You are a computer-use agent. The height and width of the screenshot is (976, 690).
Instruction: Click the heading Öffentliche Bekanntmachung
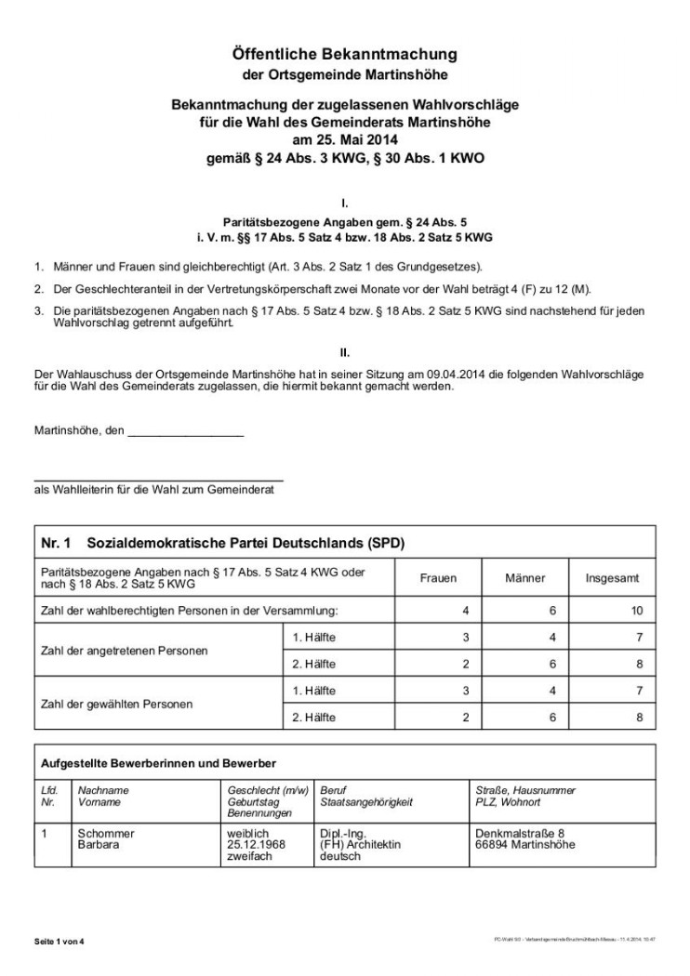[x=345, y=56]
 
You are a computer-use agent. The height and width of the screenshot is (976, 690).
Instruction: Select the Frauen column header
[x=439, y=578]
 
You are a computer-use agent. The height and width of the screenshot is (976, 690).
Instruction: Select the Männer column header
[x=524, y=578]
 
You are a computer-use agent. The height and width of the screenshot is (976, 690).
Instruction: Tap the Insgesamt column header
[x=612, y=578]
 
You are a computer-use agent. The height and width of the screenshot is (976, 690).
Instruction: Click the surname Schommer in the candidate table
[x=106, y=834]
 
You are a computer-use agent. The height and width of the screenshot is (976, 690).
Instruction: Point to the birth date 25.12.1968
[x=256, y=845]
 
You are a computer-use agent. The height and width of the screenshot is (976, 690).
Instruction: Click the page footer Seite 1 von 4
[x=60, y=941]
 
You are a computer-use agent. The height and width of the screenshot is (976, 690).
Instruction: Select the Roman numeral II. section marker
[x=345, y=351]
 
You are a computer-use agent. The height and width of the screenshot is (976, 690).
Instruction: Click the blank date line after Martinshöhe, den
[x=185, y=432]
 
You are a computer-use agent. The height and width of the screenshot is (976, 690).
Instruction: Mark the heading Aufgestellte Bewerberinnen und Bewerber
[x=158, y=763]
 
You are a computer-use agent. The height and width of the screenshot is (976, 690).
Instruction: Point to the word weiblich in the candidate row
[x=247, y=834]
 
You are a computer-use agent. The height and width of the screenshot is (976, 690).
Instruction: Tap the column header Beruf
[x=332, y=790]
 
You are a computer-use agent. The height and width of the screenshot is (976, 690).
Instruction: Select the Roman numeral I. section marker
[x=345, y=201]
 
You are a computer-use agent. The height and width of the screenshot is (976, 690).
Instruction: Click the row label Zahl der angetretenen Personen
[x=123, y=650]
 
